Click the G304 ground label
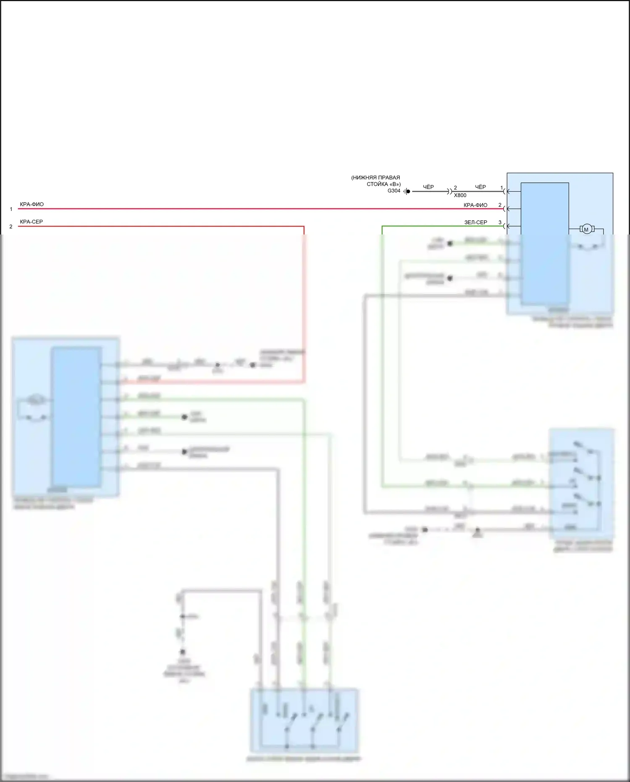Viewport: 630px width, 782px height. [394, 191]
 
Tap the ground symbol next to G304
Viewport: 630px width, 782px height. [407, 192]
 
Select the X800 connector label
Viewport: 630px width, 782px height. [460, 195]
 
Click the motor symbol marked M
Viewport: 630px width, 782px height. [586, 229]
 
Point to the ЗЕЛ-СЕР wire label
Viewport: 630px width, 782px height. [475, 222]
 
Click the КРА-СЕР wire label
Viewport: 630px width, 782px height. [31, 222]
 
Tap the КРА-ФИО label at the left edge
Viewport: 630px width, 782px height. [31, 205]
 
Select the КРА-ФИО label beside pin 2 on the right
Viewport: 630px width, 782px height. [475, 205]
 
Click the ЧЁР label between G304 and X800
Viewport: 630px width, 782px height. [428, 187]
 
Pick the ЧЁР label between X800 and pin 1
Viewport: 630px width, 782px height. [480, 187]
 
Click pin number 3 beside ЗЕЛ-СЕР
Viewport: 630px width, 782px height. [500, 222]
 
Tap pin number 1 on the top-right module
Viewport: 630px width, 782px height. [501, 188]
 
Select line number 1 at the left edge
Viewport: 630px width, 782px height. [11, 209]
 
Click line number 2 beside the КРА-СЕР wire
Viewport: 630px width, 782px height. [11, 226]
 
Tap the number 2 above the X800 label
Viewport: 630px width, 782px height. [455, 188]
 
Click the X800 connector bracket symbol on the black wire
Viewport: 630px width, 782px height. [450, 192]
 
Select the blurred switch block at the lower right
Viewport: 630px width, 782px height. [581, 483]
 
